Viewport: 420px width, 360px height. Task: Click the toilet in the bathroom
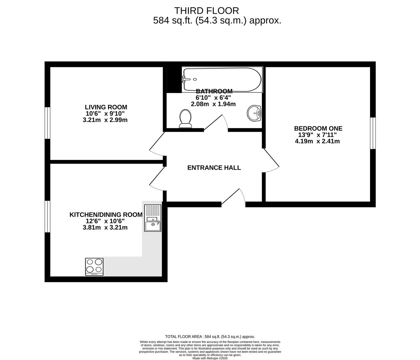[x=185, y=119]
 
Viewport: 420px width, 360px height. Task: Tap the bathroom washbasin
[x=254, y=113]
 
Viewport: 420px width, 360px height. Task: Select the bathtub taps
[x=186, y=79]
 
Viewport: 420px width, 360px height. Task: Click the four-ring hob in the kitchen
[x=94, y=267]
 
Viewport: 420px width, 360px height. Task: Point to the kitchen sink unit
[x=153, y=218]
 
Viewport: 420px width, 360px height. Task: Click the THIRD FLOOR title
[x=207, y=11]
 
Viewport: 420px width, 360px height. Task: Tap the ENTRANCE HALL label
[x=214, y=168]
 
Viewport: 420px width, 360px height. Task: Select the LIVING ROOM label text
[x=106, y=107]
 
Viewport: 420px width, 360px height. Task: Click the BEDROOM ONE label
[x=318, y=128]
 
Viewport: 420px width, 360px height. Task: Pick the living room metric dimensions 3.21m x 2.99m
[x=105, y=120]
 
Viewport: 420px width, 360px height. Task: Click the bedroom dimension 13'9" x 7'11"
[x=317, y=135]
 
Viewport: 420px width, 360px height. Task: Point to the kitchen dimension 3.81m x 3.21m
[x=105, y=227]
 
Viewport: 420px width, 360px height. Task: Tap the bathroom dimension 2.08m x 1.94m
[x=213, y=104]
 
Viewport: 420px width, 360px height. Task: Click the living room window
[x=47, y=123]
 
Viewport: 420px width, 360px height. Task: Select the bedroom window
[x=373, y=133]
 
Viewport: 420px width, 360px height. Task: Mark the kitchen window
[x=47, y=217]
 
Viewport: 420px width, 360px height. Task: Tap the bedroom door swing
[x=271, y=160]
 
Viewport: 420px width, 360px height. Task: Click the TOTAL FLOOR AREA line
[x=210, y=337]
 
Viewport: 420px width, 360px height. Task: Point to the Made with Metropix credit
[x=210, y=358]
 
